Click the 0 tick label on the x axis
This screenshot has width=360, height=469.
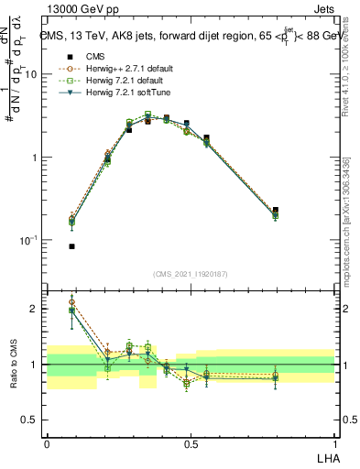click(47, 444)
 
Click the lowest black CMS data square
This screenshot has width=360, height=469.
click(71, 246)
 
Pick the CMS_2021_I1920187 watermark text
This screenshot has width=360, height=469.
click(191, 274)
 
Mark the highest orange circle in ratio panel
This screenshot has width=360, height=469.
click(71, 301)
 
